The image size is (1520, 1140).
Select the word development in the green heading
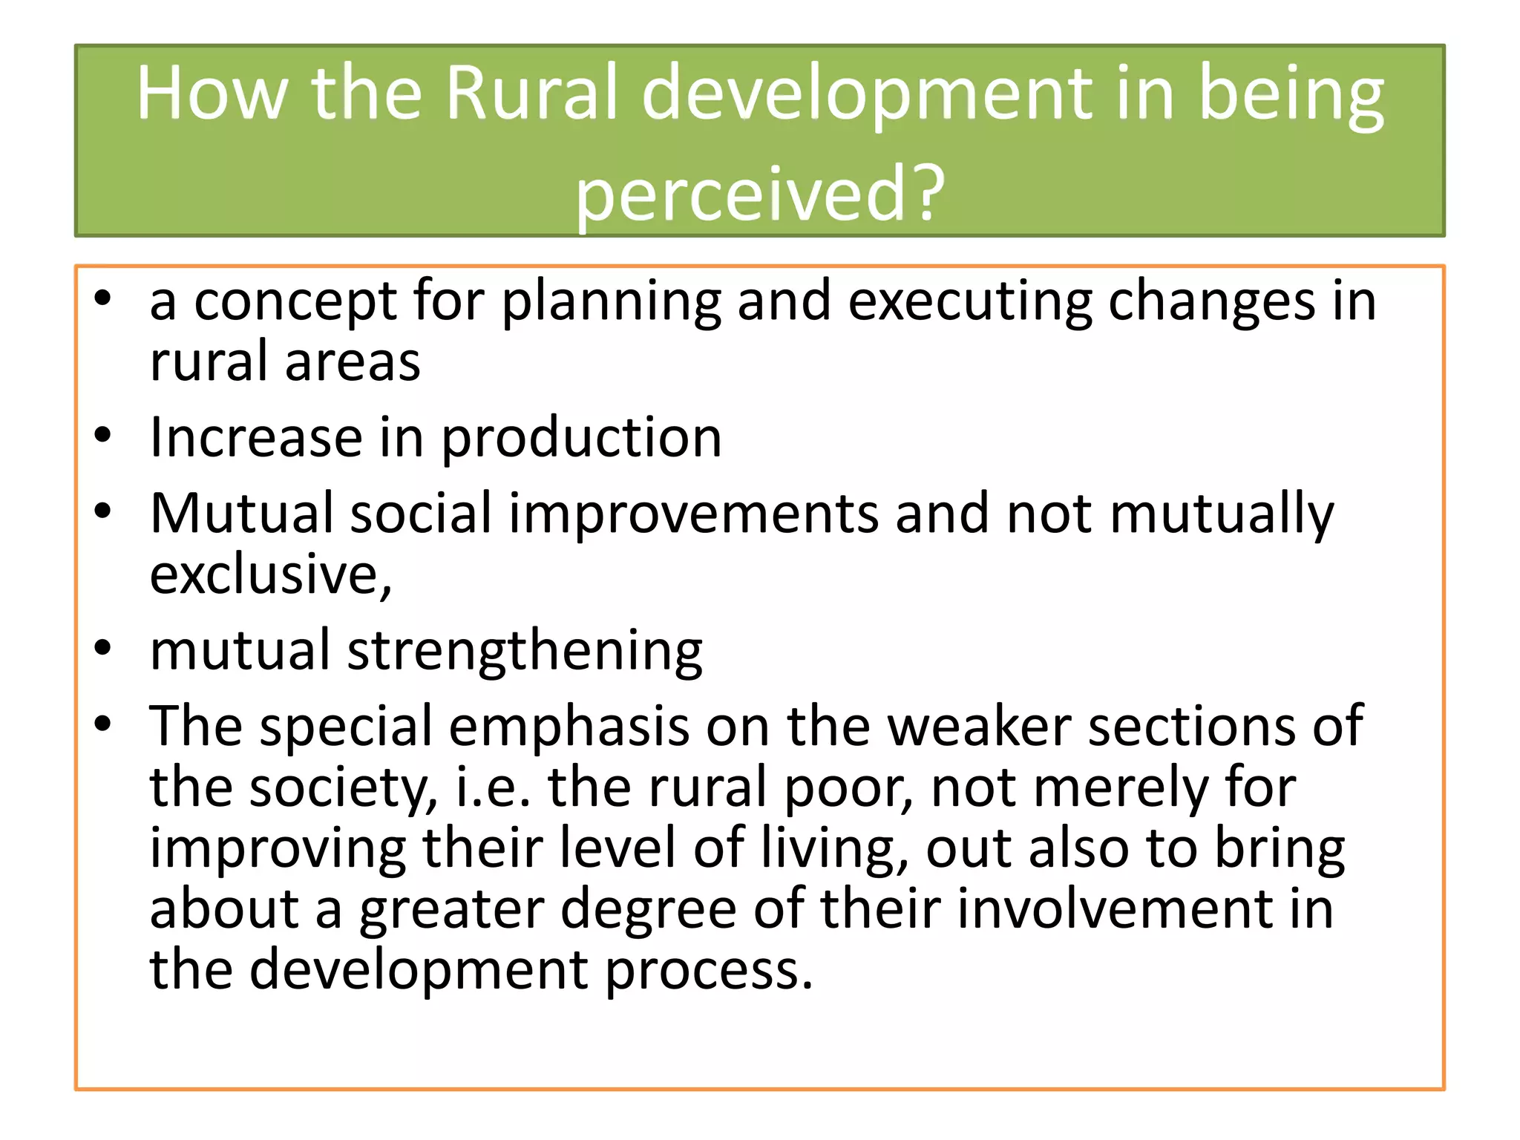866,95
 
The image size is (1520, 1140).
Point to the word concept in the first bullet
295,302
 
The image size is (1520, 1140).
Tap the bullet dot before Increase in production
102,436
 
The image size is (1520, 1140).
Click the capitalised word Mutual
241,513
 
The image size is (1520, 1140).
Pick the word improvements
693,514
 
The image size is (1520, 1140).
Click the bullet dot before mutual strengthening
102,648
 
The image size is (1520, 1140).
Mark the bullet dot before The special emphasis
102,724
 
